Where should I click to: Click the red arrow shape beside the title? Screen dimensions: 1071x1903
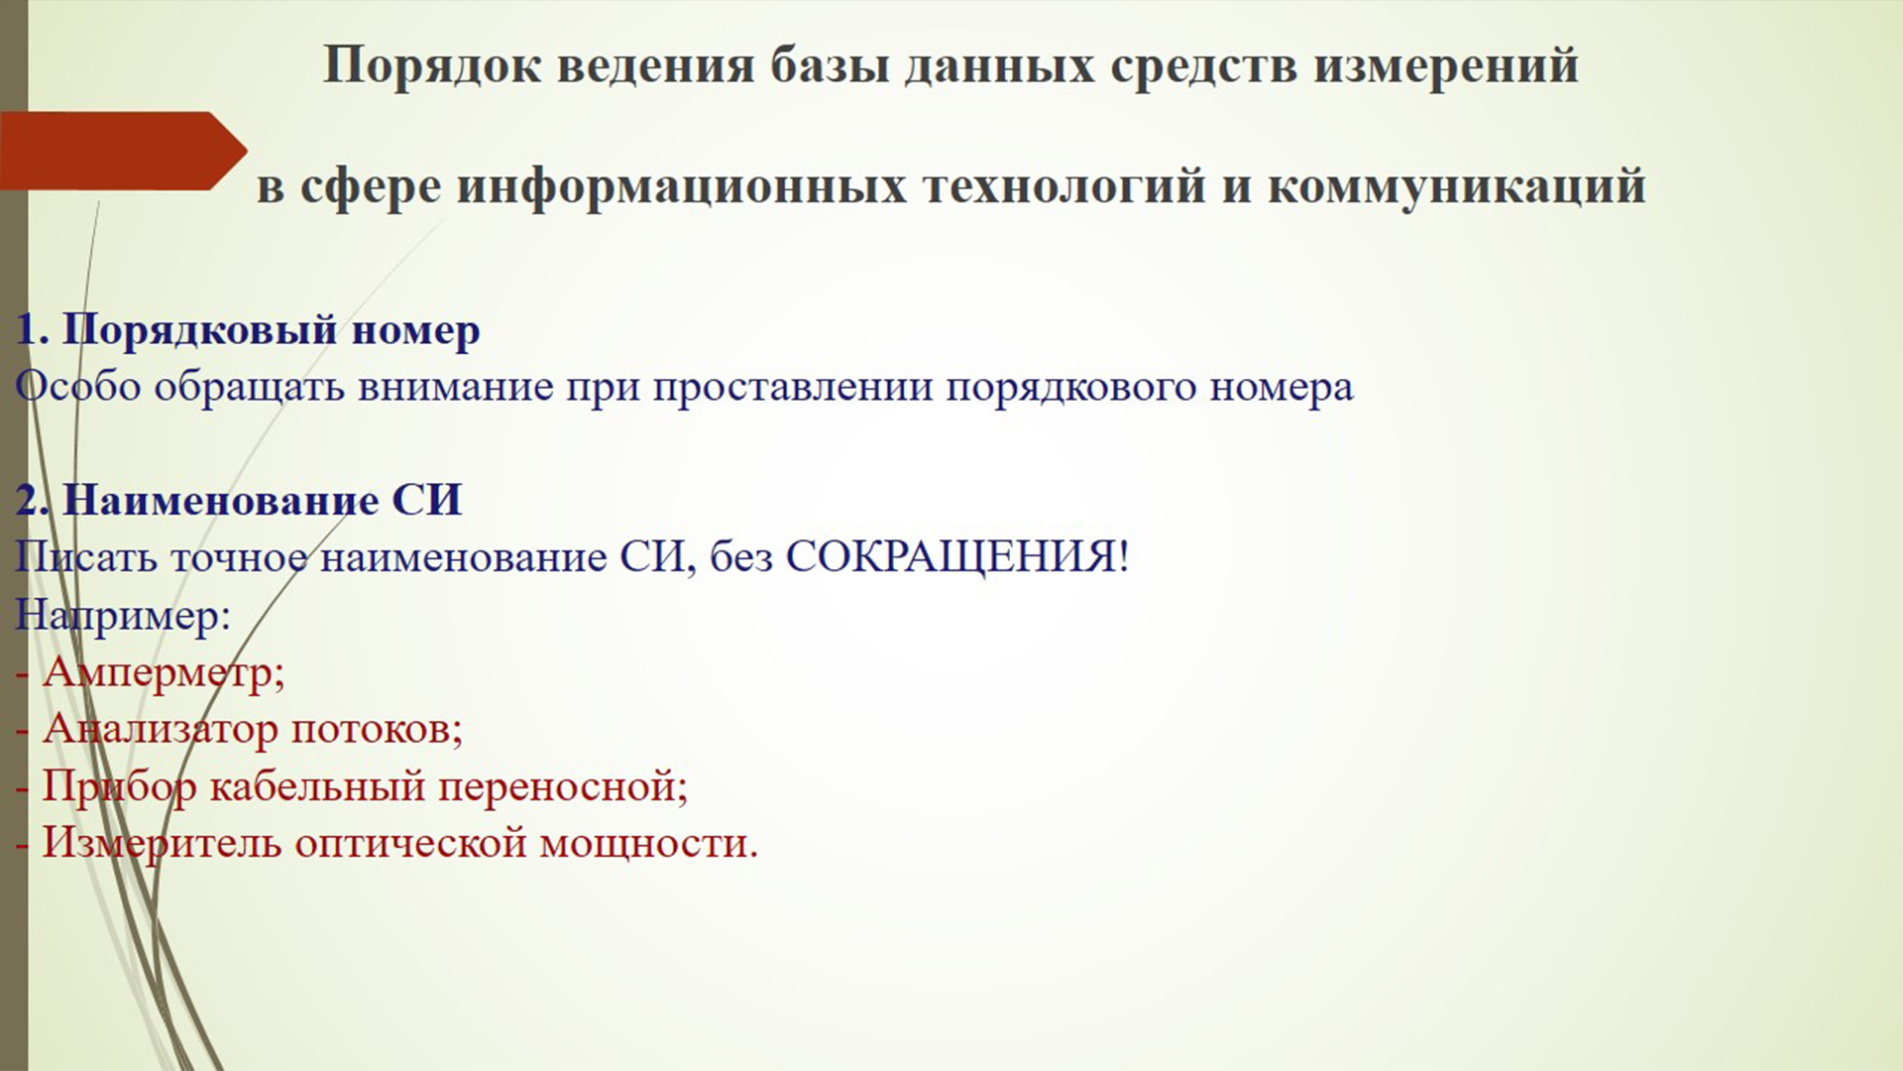[119, 151]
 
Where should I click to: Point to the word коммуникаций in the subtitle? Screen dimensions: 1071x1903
[1456, 186]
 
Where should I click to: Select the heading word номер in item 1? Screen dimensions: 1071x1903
[415, 330]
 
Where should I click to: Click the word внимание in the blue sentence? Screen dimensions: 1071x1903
[456, 387]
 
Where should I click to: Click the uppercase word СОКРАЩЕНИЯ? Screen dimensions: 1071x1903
[951, 557]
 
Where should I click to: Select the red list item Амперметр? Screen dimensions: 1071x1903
[159, 673]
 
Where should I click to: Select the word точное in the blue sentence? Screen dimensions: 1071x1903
[239, 557]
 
